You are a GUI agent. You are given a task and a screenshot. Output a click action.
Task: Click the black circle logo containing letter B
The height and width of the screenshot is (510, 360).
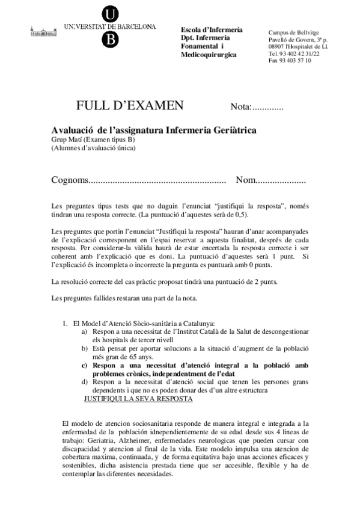tap(110, 38)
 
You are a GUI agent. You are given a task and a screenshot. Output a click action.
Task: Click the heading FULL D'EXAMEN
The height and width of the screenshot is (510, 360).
tap(130, 106)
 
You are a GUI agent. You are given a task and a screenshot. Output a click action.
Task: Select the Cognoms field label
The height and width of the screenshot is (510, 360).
tap(69, 180)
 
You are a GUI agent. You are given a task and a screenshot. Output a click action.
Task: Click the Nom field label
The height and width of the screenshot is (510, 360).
tap(246, 180)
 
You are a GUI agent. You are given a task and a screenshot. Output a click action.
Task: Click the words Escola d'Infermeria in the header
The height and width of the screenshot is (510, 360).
tap(212, 30)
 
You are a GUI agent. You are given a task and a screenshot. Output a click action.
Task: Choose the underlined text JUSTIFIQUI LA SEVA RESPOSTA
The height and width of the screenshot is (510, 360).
tap(138, 399)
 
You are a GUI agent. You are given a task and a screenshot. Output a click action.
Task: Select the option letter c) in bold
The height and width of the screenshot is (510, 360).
tap(85, 365)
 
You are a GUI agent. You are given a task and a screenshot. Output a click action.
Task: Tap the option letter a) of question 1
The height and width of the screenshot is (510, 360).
tap(85, 331)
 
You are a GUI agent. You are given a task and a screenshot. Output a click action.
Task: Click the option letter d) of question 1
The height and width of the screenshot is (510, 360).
tap(85, 382)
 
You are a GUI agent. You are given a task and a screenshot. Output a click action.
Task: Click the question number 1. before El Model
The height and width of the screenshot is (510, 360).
tap(66, 323)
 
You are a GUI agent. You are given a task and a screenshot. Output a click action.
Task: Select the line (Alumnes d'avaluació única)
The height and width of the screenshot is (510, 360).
tap(93, 147)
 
